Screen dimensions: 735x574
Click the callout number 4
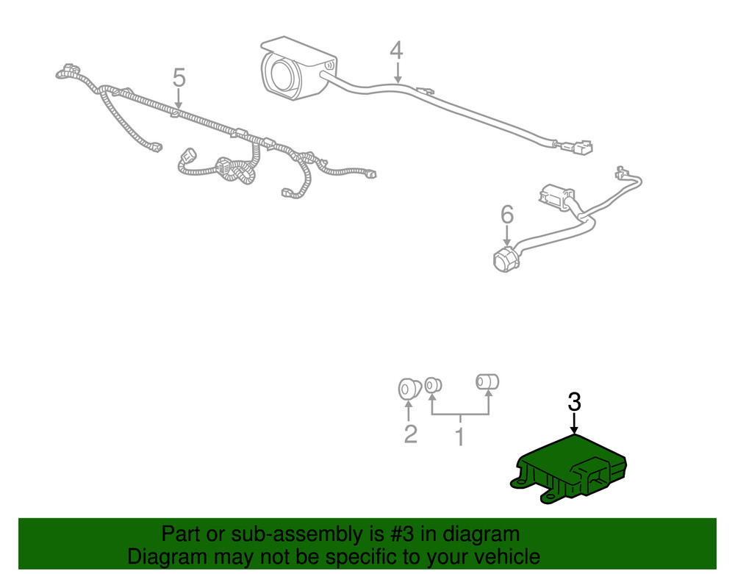[397, 51]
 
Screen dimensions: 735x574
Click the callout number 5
[179, 77]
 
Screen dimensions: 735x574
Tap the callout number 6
[507, 215]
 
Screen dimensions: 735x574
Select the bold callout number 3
[575, 402]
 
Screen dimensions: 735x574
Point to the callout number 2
[411, 434]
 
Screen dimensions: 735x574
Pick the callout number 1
[460, 437]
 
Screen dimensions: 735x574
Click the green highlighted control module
[569, 470]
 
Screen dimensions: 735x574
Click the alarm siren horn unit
[295, 68]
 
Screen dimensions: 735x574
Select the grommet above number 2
[409, 389]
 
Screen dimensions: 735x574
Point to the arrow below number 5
[178, 99]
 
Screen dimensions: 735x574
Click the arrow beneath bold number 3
[574, 423]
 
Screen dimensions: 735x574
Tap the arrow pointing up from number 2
[409, 412]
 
